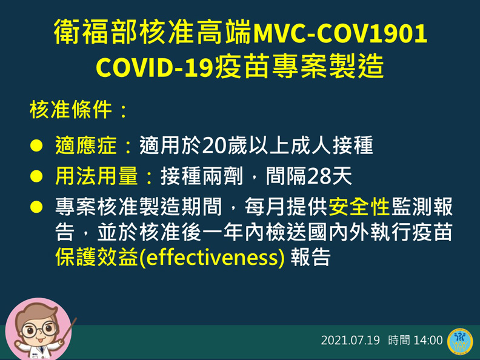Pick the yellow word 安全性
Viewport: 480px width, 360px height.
click(x=359, y=207)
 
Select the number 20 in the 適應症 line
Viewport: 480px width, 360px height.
click(x=215, y=146)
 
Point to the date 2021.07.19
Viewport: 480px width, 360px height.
click(x=350, y=340)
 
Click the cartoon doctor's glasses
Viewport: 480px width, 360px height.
click(x=38, y=332)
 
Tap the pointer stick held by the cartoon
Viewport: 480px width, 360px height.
click(x=67, y=331)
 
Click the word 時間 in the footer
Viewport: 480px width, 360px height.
click(x=399, y=340)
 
